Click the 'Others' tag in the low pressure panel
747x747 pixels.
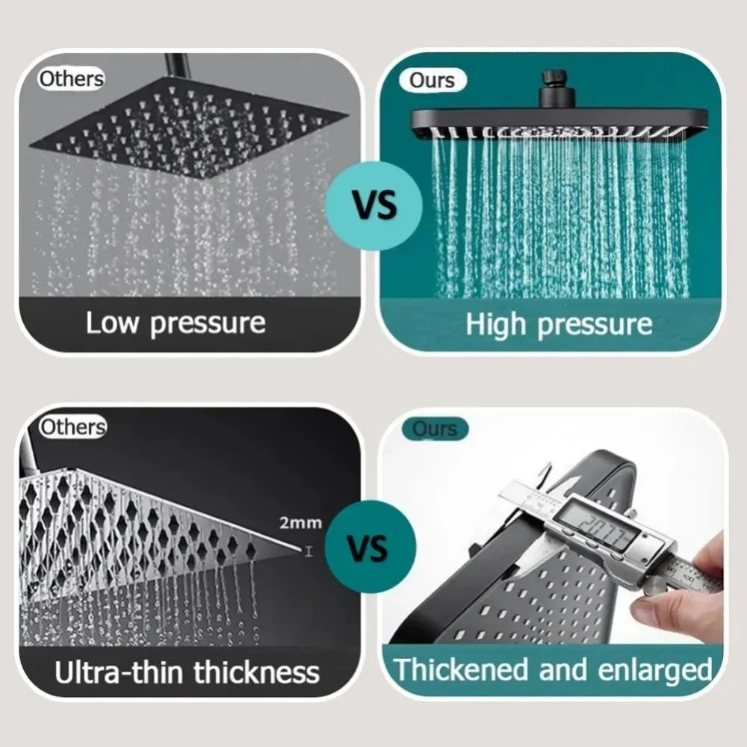[71, 78]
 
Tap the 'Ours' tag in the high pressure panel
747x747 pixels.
[432, 81]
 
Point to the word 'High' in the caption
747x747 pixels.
[497, 325]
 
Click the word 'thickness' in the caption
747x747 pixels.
[256, 672]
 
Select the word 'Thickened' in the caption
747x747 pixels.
[462, 669]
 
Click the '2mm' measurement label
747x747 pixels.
[301, 522]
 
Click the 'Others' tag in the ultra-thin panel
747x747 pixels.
[72, 427]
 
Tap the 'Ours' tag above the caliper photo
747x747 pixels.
[434, 429]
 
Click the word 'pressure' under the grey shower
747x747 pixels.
[207, 324]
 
